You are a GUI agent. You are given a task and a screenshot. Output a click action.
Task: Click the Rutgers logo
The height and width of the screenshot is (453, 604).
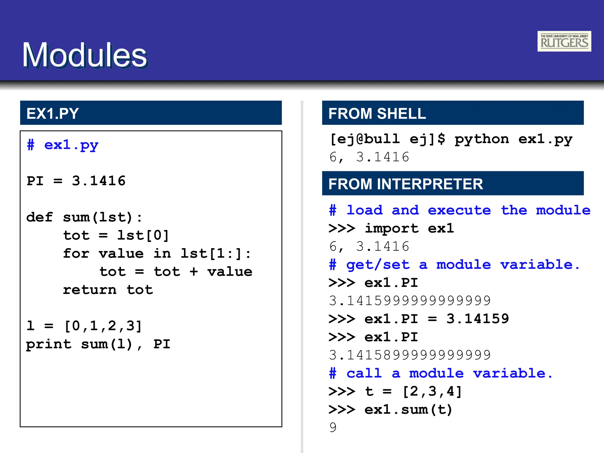(564, 41)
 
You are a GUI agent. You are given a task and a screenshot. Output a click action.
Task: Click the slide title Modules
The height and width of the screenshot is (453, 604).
(85, 55)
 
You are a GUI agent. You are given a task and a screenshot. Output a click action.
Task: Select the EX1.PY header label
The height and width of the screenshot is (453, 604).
(52, 114)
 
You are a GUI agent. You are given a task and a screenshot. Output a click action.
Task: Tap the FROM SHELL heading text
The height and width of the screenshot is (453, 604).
(377, 114)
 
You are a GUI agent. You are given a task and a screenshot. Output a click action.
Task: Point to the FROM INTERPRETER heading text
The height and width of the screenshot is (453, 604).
(406, 184)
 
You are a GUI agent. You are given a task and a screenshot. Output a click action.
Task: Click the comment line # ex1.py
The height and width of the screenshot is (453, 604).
(63, 145)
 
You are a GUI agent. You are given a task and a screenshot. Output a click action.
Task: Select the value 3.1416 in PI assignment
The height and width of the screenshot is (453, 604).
(99, 181)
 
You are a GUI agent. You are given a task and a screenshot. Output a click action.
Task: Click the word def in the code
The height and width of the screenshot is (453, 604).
(40, 217)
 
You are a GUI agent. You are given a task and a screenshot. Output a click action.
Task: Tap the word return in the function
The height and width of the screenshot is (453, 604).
(90, 290)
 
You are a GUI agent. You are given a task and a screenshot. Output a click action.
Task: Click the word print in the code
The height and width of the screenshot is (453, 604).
(49, 344)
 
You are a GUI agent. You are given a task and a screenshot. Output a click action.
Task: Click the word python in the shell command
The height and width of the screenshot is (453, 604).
(481, 139)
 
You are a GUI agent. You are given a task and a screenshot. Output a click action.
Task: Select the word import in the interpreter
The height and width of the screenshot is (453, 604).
(391, 229)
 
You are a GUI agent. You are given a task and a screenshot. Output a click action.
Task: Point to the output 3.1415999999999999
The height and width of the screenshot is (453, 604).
(410, 301)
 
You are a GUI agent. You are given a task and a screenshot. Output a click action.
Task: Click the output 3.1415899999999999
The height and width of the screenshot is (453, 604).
(410, 355)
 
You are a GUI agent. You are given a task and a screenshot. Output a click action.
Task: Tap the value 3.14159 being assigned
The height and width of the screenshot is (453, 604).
(477, 319)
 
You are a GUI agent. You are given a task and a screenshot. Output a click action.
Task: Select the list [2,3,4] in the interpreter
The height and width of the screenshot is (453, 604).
(432, 392)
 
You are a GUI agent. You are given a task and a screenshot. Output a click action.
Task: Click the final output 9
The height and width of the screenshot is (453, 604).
(333, 428)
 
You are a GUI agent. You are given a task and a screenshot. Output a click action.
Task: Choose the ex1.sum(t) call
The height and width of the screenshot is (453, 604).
(408, 410)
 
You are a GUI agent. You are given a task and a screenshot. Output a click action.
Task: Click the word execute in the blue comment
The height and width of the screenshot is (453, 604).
(459, 210)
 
